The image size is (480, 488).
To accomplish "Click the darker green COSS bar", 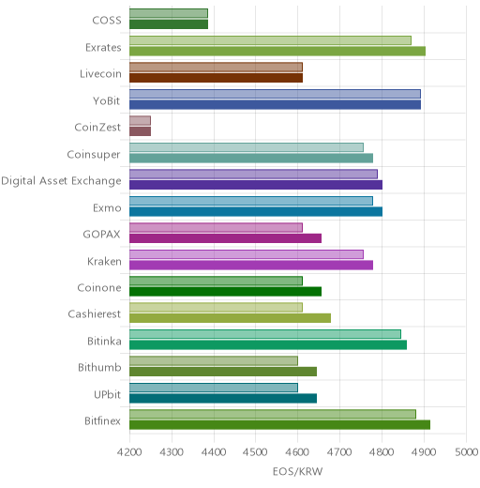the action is (x=169, y=24).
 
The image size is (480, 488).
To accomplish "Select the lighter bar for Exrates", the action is (x=270, y=40).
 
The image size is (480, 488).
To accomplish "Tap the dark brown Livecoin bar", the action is (x=217, y=78).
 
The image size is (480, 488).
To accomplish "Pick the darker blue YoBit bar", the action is (x=276, y=105).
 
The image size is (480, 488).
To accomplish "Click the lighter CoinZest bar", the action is (x=141, y=120).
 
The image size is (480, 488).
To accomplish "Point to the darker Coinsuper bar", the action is (x=251, y=159).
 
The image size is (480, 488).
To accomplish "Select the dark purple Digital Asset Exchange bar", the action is (x=256, y=185).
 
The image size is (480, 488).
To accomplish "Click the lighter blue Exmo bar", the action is (x=251, y=201).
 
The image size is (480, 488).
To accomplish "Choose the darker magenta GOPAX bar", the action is (x=226, y=238).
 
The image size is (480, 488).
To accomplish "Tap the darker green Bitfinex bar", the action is (x=280, y=425).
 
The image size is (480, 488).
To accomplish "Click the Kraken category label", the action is (x=104, y=261).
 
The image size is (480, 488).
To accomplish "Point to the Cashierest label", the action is (x=95, y=313).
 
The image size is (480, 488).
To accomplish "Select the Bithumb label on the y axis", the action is (x=99, y=367).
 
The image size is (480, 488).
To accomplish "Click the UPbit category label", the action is (x=107, y=394).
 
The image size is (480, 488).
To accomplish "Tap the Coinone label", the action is (x=99, y=287).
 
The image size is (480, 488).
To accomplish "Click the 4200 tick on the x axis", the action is (x=129, y=452).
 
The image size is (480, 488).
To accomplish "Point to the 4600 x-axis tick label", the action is (x=297, y=452).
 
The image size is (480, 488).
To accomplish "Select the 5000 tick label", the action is (x=467, y=452).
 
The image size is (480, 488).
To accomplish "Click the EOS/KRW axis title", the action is (x=297, y=471).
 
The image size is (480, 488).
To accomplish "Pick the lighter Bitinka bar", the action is (x=265, y=334).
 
